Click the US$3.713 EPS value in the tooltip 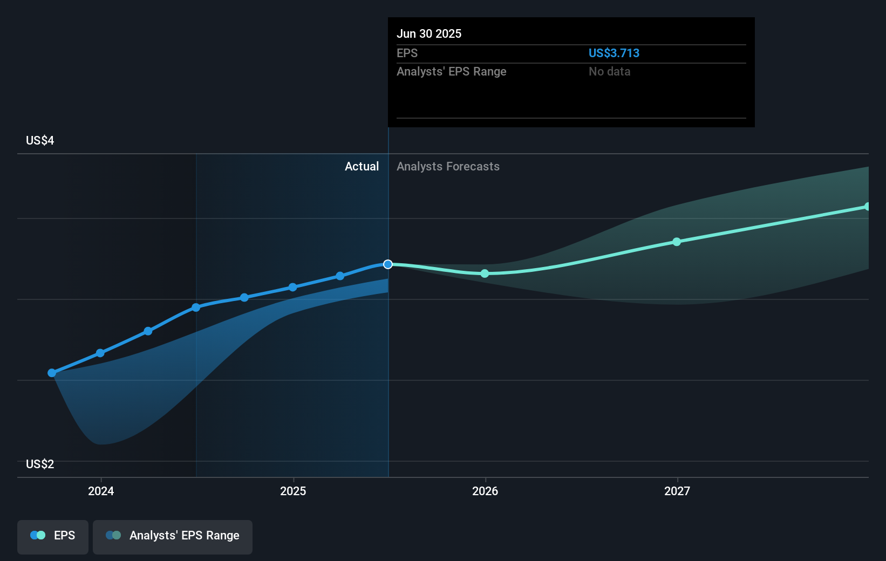click(x=614, y=53)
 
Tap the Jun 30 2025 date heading click(x=429, y=33)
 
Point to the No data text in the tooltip click(x=609, y=71)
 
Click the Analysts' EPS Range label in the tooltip click(x=451, y=71)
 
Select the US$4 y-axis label click(x=40, y=140)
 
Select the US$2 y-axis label click(x=40, y=464)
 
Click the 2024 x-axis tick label click(x=101, y=491)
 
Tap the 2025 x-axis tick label click(x=293, y=491)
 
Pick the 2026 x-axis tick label click(x=485, y=491)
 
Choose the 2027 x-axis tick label click(x=677, y=491)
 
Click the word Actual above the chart click(x=362, y=166)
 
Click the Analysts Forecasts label click(x=448, y=166)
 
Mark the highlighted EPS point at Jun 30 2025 click(x=388, y=264)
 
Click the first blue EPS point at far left click(x=52, y=373)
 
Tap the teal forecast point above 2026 click(x=485, y=273)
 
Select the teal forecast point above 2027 click(x=677, y=242)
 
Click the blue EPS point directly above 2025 click(x=292, y=287)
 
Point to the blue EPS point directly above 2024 click(x=100, y=353)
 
